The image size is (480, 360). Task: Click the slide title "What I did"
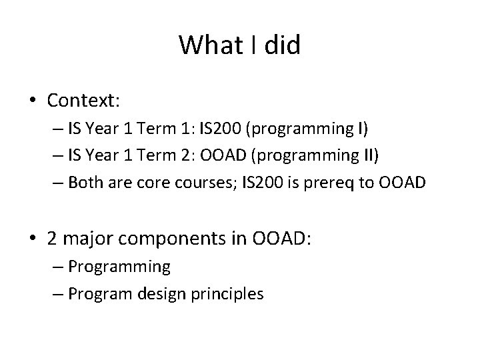pyautogui.click(x=240, y=45)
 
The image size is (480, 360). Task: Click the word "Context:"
pyautogui.click(x=83, y=101)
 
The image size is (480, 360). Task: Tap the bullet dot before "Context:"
pyautogui.click(x=33, y=101)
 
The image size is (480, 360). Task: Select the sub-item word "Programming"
pyautogui.click(x=119, y=267)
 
